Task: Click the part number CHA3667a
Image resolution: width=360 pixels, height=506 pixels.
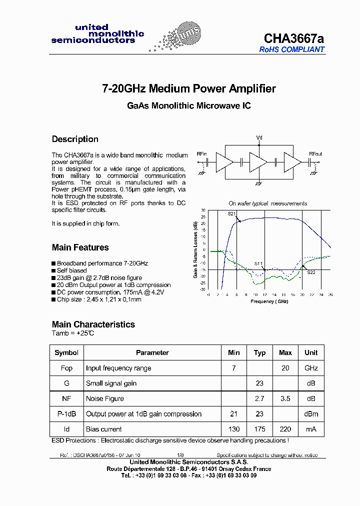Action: (293, 38)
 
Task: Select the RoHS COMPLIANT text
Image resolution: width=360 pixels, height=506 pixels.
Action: (291, 49)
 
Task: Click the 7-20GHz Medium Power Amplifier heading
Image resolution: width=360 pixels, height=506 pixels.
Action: (188, 89)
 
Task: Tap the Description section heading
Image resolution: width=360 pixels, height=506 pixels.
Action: (75, 139)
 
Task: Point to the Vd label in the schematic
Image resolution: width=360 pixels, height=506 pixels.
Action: (259, 137)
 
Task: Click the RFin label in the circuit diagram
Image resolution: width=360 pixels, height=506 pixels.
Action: (202, 154)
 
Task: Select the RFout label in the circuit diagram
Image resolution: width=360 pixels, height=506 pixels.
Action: (315, 154)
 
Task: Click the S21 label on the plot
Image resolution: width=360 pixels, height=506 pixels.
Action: (231, 214)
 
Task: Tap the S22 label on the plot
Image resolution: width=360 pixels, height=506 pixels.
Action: (311, 272)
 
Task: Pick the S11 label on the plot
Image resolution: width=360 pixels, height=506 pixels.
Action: (258, 263)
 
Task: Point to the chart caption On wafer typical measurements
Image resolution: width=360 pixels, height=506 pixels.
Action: (267, 203)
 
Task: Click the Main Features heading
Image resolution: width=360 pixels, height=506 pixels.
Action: (80, 247)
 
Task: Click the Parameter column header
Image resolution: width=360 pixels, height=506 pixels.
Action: (152, 352)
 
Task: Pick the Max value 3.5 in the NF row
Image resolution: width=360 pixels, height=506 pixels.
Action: (285, 398)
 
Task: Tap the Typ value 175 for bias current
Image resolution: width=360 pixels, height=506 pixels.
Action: (259, 429)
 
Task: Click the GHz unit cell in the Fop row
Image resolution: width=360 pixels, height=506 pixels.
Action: (311, 368)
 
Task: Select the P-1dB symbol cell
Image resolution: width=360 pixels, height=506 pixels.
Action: (66, 414)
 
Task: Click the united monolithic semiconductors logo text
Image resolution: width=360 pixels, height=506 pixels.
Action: (97, 34)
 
